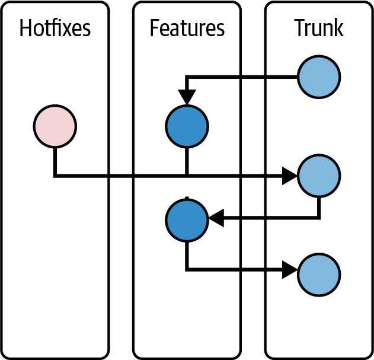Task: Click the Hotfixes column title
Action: pos(55,28)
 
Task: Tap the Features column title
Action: pos(187,28)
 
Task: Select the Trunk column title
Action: pos(319,28)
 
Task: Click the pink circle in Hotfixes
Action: pos(55,126)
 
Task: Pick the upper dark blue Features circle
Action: pos(187,126)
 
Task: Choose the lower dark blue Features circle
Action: pos(187,220)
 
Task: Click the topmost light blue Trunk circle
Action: pos(319,77)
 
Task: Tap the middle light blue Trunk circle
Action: pos(319,176)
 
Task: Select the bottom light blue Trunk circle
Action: pos(319,275)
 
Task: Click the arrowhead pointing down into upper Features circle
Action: pos(187,97)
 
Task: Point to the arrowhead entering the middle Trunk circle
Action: pos(290,176)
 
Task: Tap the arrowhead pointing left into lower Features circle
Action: pos(216,218)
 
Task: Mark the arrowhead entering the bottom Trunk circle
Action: pos(290,270)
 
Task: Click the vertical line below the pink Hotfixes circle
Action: pos(55,163)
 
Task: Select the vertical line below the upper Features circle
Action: pos(187,161)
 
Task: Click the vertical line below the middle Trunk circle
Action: pos(319,208)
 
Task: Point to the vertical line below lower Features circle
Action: pos(187,256)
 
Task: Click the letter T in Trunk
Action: pos(301,28)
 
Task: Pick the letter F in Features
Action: pos(155,28)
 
